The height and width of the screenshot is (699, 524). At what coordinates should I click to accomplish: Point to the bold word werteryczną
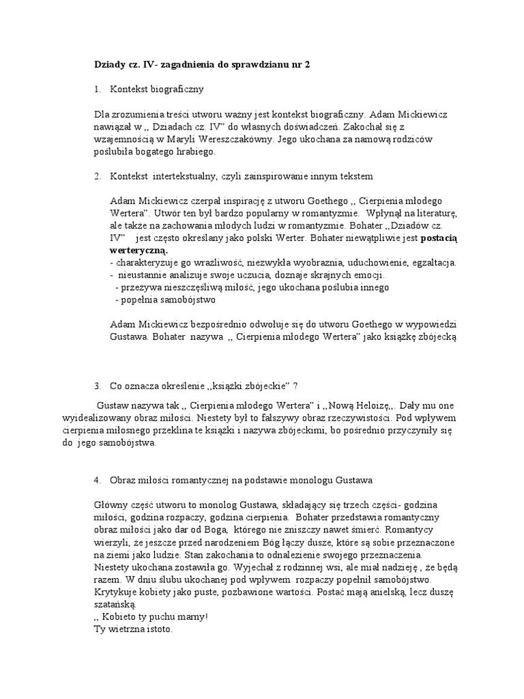[139, 251]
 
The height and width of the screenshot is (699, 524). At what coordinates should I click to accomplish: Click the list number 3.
[98, 385]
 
